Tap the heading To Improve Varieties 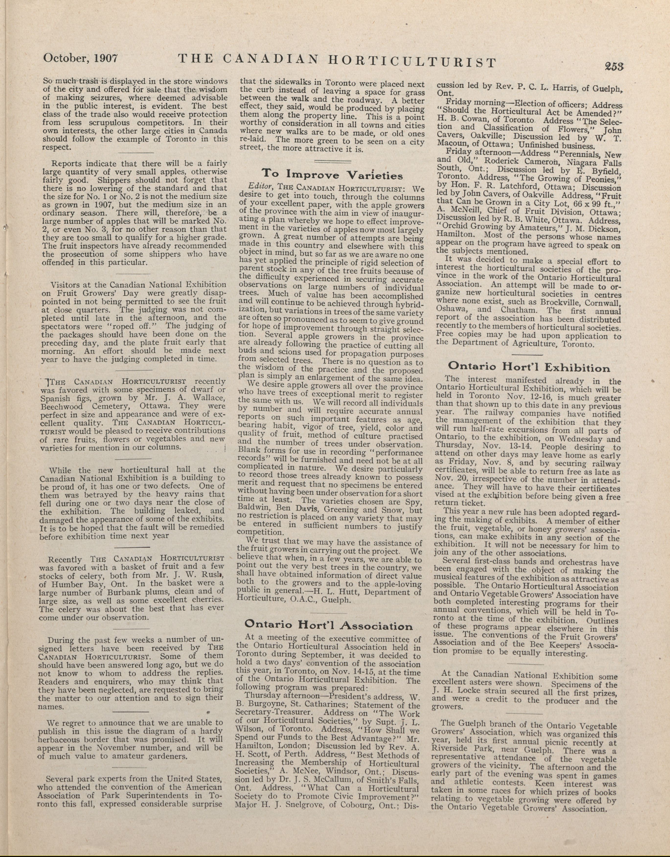coord(332,174)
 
